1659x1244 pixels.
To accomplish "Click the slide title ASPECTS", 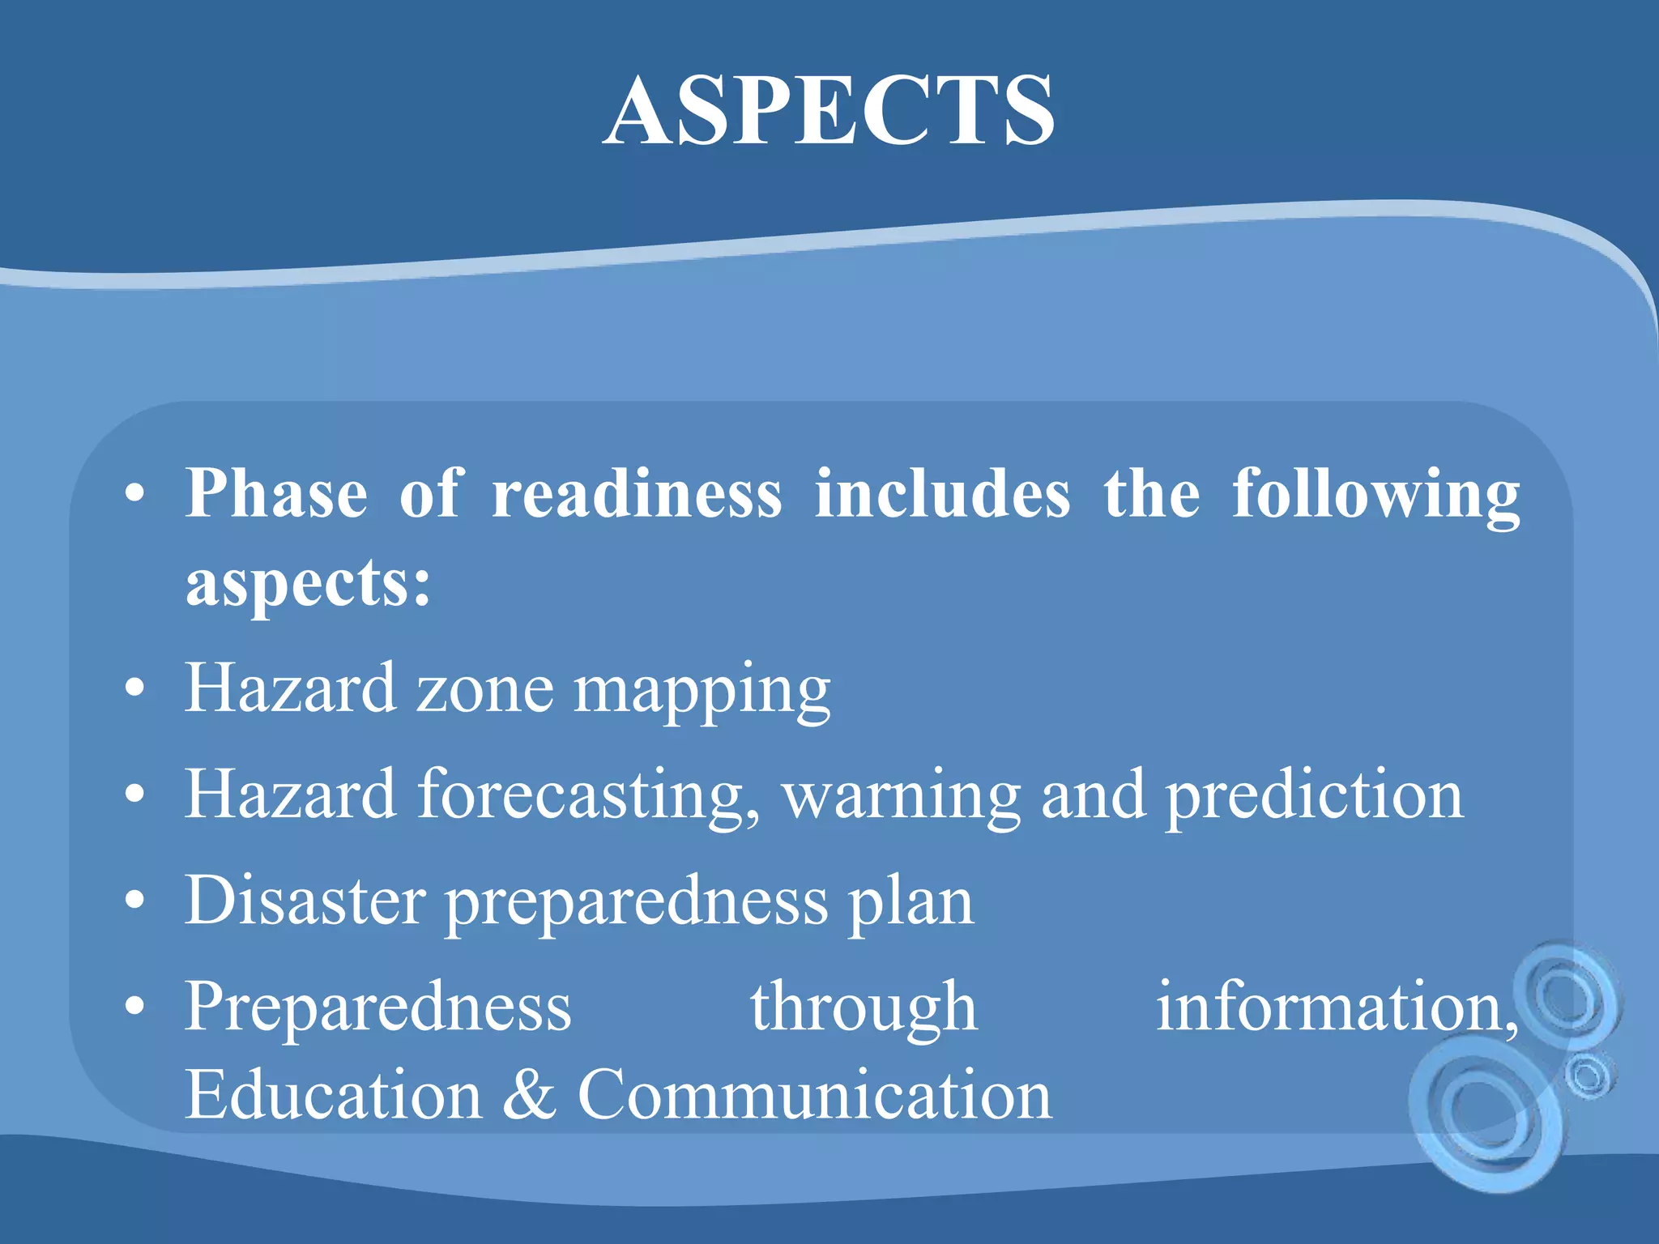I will tap(829, 111).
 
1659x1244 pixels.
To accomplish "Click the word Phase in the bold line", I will tap(276, 493).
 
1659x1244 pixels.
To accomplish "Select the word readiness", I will tap(637, 493).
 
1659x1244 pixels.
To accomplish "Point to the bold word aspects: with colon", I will tap(308, 583).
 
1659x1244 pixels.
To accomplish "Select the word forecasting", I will tap(589, 796).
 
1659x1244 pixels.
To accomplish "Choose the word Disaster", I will tap(305, 901).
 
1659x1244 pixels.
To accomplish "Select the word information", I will tap(1335, 1007).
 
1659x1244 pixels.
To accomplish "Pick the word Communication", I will tap(814, 1095).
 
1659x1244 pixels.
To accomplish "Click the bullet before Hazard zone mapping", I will tap(135, 689).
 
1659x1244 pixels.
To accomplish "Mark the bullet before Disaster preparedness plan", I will tap(135, 901).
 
